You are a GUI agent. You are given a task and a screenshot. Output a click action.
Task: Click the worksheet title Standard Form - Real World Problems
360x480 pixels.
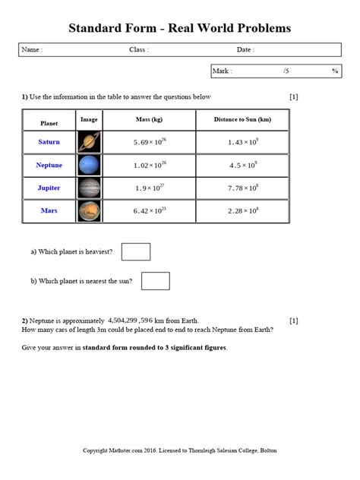180,28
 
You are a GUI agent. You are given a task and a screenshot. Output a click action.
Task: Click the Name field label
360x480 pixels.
32,50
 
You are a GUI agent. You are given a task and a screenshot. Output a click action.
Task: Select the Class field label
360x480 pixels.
138,50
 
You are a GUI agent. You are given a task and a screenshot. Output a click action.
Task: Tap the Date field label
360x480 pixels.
245,50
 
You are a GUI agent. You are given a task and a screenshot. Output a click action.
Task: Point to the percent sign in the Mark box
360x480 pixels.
334,71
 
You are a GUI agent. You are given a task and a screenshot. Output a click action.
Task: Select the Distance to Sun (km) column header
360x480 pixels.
242,121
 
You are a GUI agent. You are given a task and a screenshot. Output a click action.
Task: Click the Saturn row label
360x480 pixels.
49,142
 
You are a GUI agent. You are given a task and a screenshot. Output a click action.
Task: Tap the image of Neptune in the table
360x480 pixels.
89,165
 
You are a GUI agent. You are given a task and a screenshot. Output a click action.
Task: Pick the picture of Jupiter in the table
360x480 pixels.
89,188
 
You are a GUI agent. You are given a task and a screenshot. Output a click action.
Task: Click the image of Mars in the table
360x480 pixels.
89,210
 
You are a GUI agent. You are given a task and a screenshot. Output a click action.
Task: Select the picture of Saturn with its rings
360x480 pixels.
89,142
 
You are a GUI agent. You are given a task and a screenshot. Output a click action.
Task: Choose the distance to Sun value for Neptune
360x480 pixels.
242,165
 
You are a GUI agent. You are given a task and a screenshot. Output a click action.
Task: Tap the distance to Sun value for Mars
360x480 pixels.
242,210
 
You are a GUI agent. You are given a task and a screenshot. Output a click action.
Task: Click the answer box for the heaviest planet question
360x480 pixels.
136,251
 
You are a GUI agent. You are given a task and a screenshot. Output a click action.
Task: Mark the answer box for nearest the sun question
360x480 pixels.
155,281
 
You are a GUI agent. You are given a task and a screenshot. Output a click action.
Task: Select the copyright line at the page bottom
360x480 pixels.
180,450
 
